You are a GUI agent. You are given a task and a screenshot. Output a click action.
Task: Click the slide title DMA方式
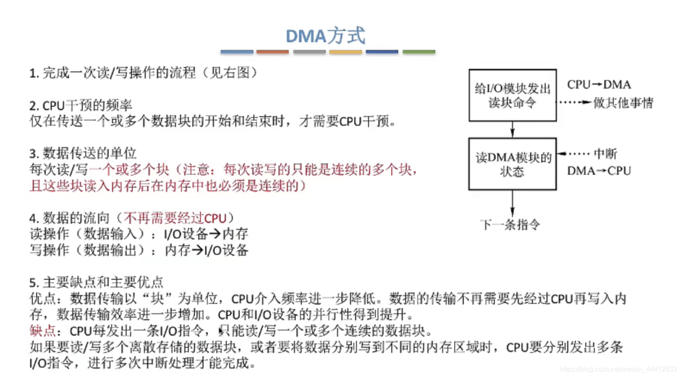325,36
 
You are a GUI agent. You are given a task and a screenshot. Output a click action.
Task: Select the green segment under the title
419,52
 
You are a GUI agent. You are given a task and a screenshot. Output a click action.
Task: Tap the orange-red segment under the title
272,52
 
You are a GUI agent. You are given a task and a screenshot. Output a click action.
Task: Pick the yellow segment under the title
346,52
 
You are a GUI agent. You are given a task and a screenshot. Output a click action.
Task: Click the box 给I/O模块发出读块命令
512,95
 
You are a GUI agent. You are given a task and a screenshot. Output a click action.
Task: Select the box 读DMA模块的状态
512,164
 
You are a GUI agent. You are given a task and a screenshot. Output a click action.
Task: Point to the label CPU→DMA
599,84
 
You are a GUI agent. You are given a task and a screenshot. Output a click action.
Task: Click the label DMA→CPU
599,171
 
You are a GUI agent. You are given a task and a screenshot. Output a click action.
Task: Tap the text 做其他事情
623,103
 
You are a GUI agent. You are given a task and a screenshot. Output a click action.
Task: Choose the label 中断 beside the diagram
605,154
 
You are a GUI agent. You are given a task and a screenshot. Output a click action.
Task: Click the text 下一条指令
510,224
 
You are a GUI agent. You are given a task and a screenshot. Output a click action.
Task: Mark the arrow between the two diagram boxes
512,130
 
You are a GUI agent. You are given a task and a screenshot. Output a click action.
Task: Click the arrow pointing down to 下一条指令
512,204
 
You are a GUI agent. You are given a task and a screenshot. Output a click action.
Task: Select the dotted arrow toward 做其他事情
575,102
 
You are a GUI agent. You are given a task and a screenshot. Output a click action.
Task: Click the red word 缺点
42,331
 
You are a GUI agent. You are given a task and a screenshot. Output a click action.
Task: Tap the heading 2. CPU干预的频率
81,105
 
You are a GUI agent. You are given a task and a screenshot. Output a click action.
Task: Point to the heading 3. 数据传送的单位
83,153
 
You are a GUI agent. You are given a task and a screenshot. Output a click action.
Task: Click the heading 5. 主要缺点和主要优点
96,282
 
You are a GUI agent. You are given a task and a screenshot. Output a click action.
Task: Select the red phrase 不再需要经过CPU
175,218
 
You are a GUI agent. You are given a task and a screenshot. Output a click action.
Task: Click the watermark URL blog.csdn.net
618,369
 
